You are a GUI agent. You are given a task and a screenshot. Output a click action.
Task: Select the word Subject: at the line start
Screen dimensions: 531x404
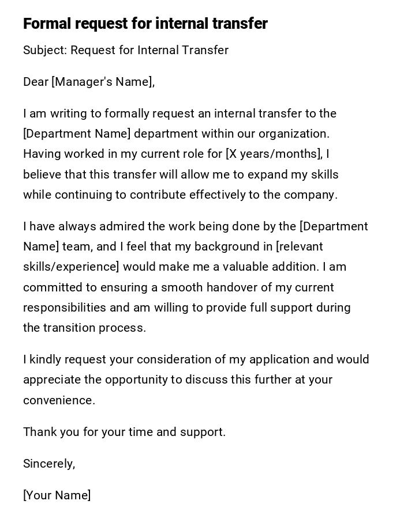pyautogui.click(x=45, y=50)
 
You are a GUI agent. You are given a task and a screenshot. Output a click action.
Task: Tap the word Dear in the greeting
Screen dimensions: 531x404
pyautogui.click(x=36, y=82)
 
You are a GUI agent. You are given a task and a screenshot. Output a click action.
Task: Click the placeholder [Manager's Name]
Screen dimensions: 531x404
pyautogui.click(x=103, y=82)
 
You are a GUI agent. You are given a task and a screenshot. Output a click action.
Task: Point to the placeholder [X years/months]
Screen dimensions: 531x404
pyautogui.click(x=274, y=154)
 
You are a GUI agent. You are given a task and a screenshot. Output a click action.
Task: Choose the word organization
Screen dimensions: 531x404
pyautogui.click(x=294, y=134)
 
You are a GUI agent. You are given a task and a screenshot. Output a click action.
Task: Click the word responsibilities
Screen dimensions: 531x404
pyautogui.click(x=65, y=308)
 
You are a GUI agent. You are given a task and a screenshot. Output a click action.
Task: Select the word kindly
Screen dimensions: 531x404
pyautogui.click(x=45, y=359)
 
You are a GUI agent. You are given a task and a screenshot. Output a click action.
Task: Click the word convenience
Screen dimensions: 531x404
pyautogui.click(x=58, y=400)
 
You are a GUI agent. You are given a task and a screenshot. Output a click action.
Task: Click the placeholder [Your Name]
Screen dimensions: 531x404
pyautogui.click(x=57, y=495)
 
